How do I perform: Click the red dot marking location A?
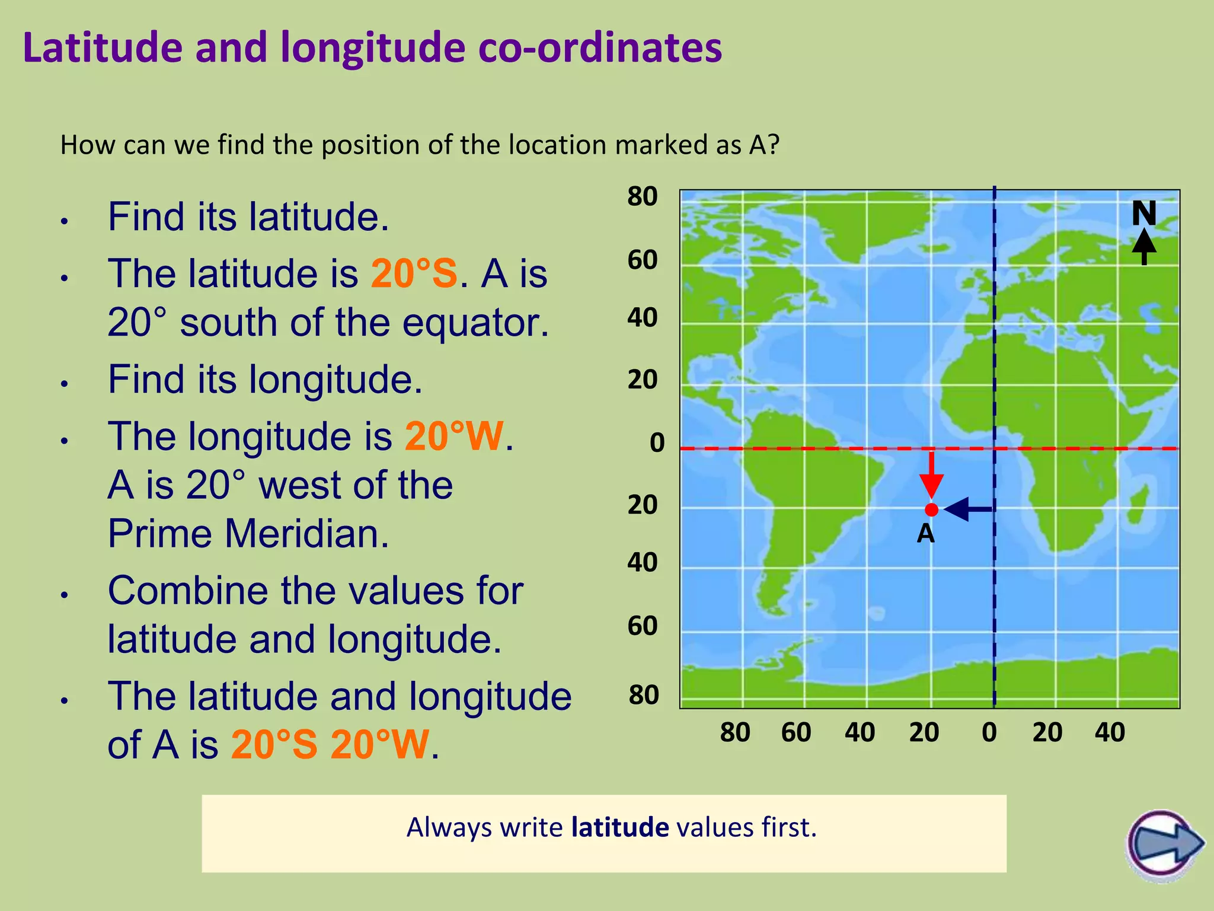[x=931, y=509]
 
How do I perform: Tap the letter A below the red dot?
[x=925, y=534]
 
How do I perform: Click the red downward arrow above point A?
[x=932, y=475]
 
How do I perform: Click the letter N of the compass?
[x=1143, y=214]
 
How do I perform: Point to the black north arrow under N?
[x=1144, y=247]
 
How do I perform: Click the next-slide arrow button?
[x=1164, y=843]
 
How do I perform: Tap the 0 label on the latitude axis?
[x=657, y=443]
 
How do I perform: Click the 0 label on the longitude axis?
[x=989, y=732]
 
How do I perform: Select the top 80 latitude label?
[x=643, y=196]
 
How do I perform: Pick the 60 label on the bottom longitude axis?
[x=796, y=732]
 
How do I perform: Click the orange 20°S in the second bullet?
[x=414, y=273]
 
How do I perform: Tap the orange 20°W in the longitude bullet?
[x=454, y=437]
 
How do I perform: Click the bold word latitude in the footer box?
[x=620, y=827]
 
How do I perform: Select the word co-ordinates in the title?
[x=599, y=47]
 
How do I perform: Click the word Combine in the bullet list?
[x=187, y=591]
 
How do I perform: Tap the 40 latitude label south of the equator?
[x=643, y=562]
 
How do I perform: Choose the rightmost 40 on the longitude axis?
[x=1110, y=732]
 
